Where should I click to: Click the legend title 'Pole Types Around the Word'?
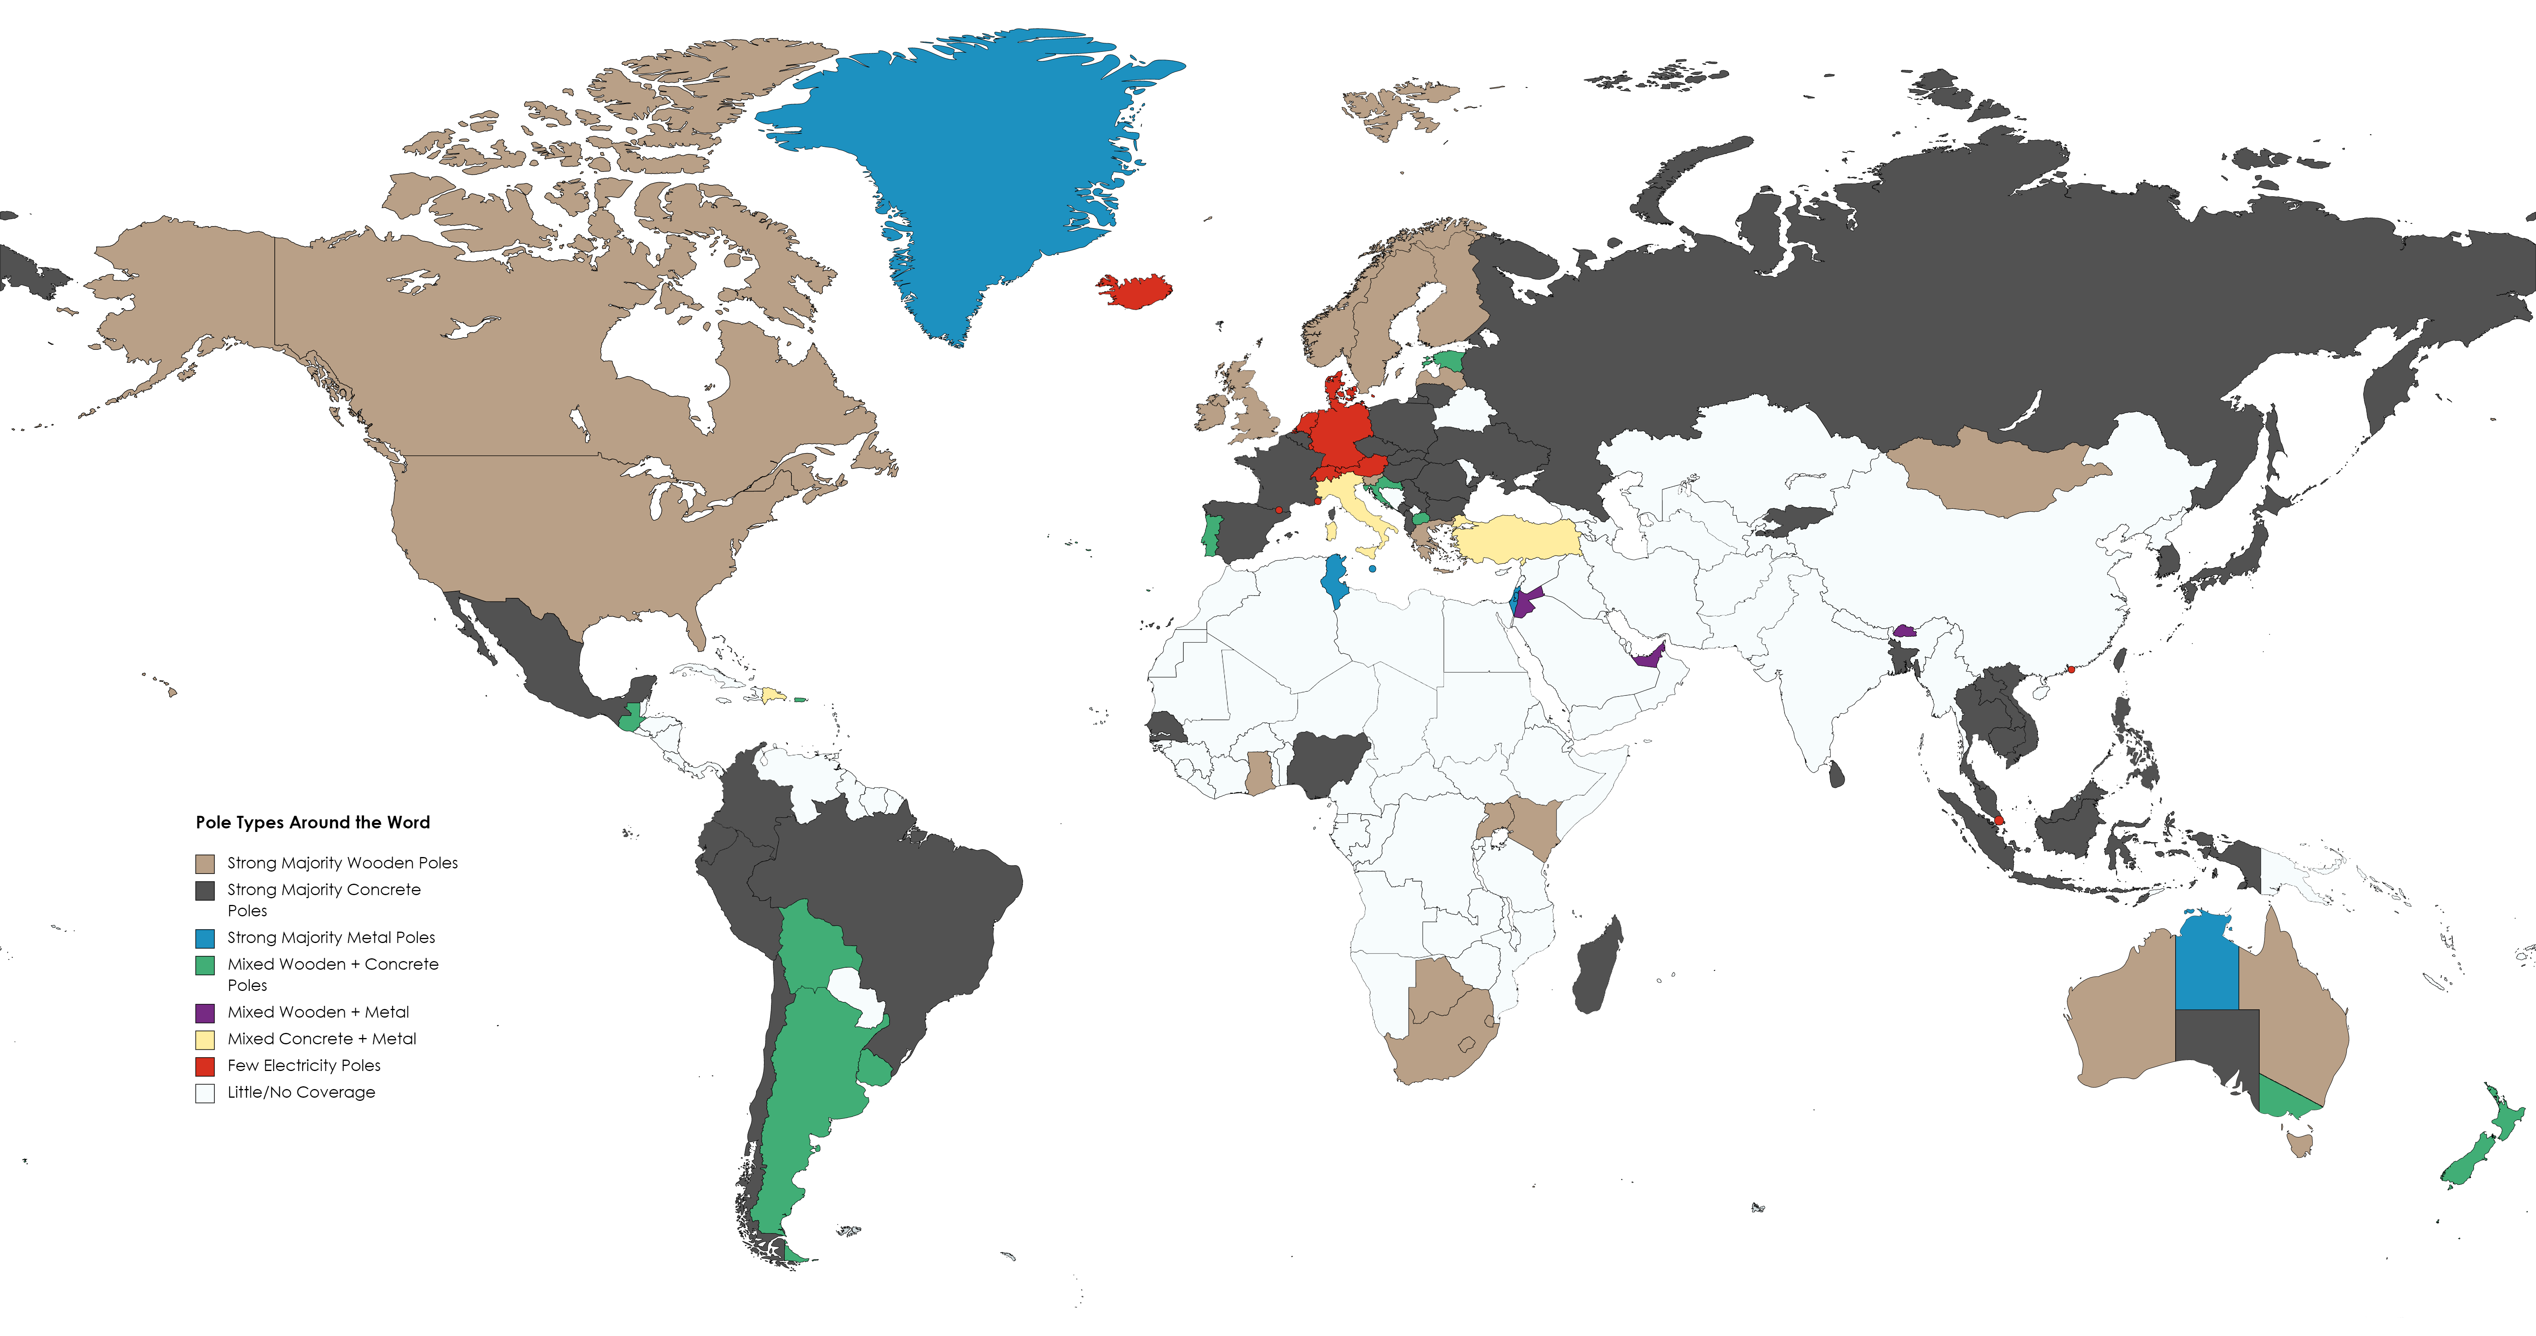312,822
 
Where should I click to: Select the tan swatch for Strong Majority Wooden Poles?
205,863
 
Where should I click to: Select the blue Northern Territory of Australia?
2205,965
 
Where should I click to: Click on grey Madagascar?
1597,970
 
